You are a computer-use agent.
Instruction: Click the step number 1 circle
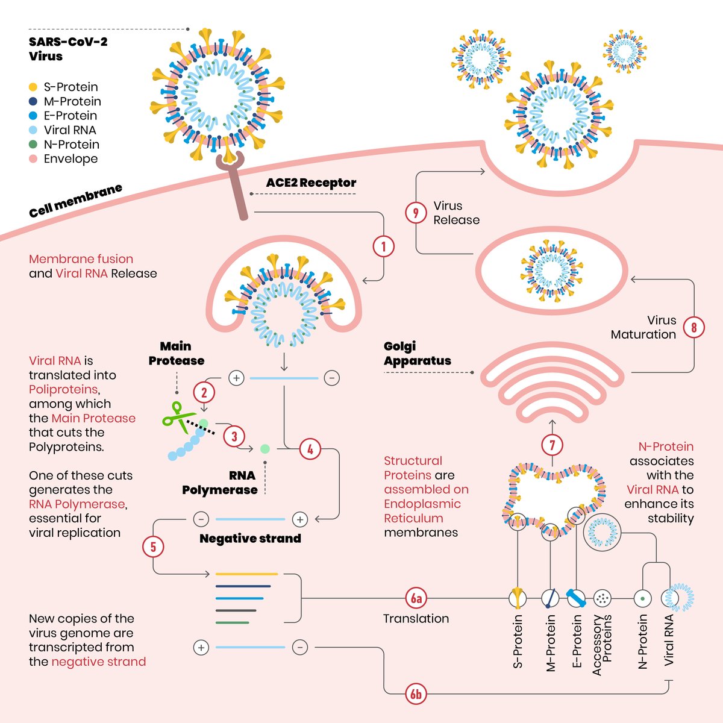(x=384, y=246)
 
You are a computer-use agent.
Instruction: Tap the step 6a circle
(x=416, y=598)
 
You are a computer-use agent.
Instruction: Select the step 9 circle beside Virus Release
(x=416, y=213)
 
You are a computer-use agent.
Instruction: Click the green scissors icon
(x=177, y=416)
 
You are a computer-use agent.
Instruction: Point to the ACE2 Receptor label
(x=311, y=183)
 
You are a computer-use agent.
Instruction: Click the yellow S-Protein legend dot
(x=33, y=87)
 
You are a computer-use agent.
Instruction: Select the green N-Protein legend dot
(x=33, y=145)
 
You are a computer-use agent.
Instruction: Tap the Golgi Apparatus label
(x=417, y=354)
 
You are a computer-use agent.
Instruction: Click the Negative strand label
(x=250, y=539)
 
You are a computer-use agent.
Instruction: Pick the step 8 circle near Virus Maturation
(x=694, y=327)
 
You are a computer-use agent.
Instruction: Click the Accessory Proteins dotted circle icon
(x=602, y=598)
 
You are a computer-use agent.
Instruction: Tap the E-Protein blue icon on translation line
(x=576, y=598)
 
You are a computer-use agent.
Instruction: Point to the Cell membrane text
(x=75, y=201)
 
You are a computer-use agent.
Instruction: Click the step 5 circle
(x=153, y=546)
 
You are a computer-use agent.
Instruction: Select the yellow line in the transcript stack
(x=246, y=574)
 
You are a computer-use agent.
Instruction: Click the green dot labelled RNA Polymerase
(x=264, y=449)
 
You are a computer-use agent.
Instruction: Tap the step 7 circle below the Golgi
(x=552, y=446)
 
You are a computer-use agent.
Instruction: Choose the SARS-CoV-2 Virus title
(x=67, y=49)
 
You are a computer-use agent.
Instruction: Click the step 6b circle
(x=416, y=695)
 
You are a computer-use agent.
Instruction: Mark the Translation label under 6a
(x=416, y=619)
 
